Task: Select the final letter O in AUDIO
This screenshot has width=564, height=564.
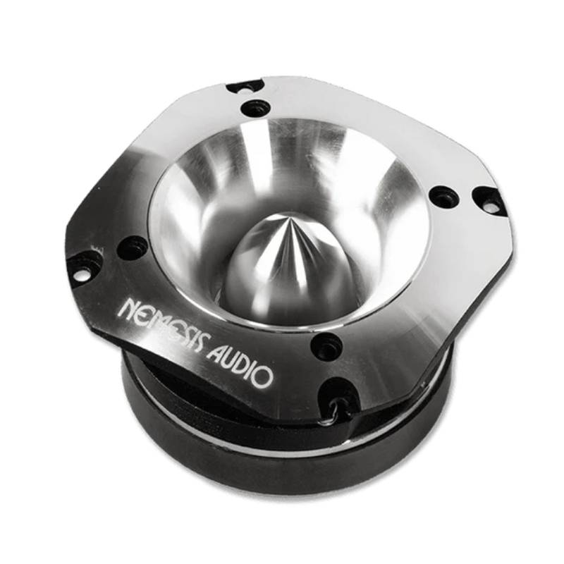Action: coord(264,377)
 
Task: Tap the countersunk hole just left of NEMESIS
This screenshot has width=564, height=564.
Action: coord(132,247)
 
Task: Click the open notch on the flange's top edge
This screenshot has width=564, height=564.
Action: coord(245,87)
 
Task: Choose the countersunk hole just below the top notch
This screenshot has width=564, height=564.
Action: coord(255,109)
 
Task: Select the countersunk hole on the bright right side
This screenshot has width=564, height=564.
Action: coord(443,196)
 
